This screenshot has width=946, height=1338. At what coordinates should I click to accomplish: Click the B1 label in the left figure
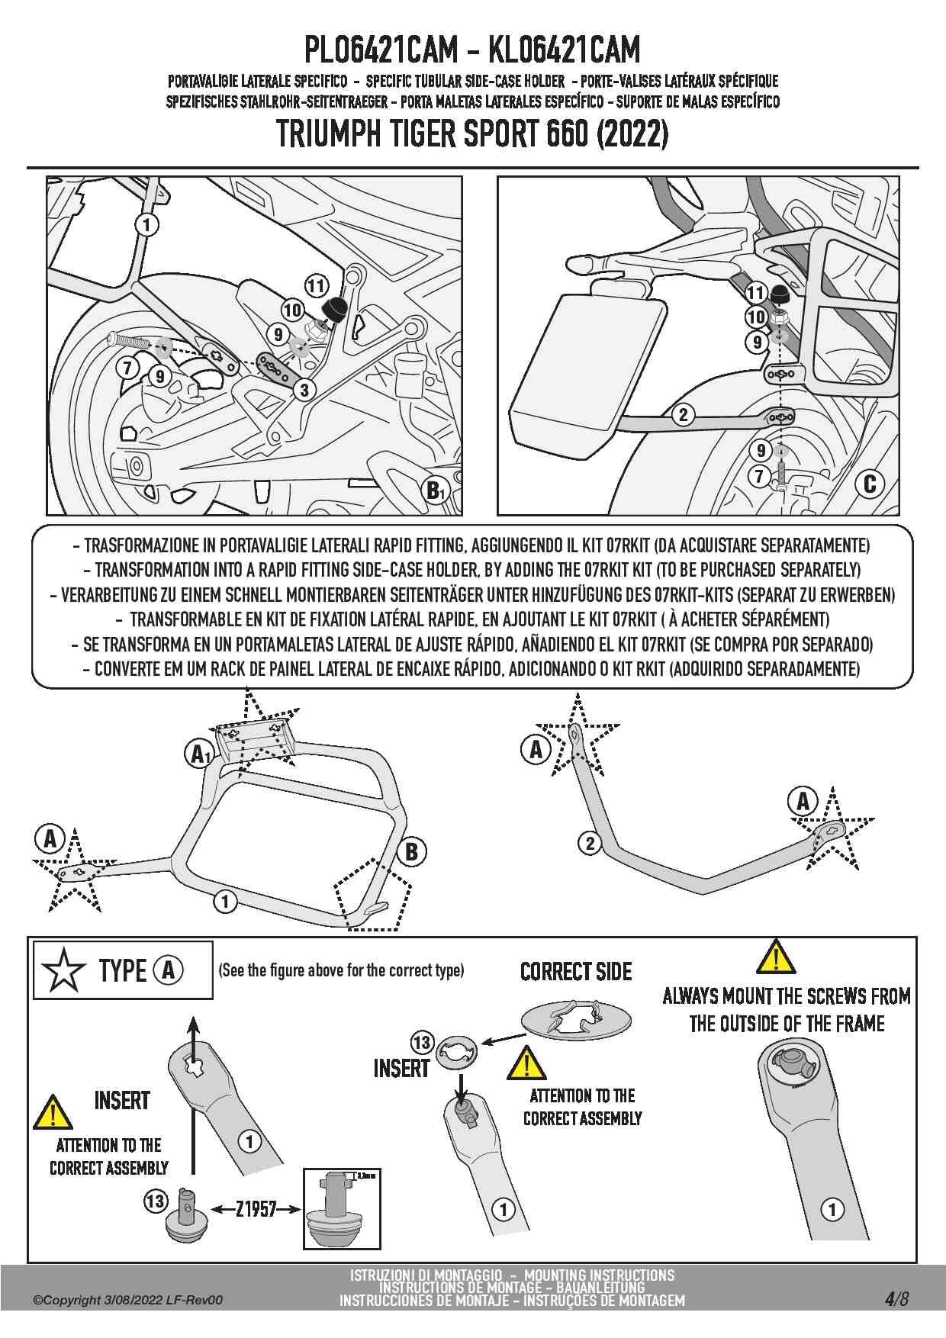434,490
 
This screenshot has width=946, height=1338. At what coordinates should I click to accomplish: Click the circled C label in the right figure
869,484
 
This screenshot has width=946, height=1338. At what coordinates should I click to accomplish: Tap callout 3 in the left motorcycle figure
304,390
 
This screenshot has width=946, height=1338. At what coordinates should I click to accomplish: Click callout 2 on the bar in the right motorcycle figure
683,414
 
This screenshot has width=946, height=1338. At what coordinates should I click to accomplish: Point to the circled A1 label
199,754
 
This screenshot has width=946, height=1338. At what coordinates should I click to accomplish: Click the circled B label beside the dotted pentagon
411,851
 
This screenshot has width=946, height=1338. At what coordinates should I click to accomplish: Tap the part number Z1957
256,1209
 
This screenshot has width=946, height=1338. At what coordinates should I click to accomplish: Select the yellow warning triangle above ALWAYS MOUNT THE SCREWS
776,957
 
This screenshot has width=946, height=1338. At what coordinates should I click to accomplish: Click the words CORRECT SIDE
576,972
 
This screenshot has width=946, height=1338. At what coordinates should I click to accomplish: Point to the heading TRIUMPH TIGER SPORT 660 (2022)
472,134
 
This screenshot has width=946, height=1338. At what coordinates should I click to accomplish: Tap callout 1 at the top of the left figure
146,224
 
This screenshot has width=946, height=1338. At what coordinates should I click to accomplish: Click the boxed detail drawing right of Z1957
341,1208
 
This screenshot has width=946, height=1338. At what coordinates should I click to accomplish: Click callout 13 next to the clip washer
422,1042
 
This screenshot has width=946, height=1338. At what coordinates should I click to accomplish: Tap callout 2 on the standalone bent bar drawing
590,843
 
